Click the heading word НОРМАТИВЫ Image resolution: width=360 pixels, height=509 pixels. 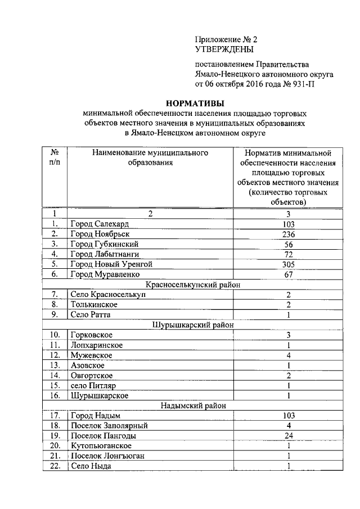pos(194,103)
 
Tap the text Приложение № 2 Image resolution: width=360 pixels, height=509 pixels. pos(226,39)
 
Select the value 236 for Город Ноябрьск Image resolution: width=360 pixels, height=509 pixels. pos(287,233)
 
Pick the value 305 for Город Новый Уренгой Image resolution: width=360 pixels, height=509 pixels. pos(287,264)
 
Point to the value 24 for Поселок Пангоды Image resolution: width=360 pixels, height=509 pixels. pos(287,435)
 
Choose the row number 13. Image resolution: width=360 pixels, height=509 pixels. pos(55,365)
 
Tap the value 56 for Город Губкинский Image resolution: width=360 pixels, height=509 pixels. pos(287,244)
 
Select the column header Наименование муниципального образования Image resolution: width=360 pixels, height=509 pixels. pos(149,157)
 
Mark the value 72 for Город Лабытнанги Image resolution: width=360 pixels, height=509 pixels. pos(287,254)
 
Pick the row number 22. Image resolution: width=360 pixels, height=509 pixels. pos(55,466)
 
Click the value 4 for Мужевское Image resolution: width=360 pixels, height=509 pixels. pos(287,355)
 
